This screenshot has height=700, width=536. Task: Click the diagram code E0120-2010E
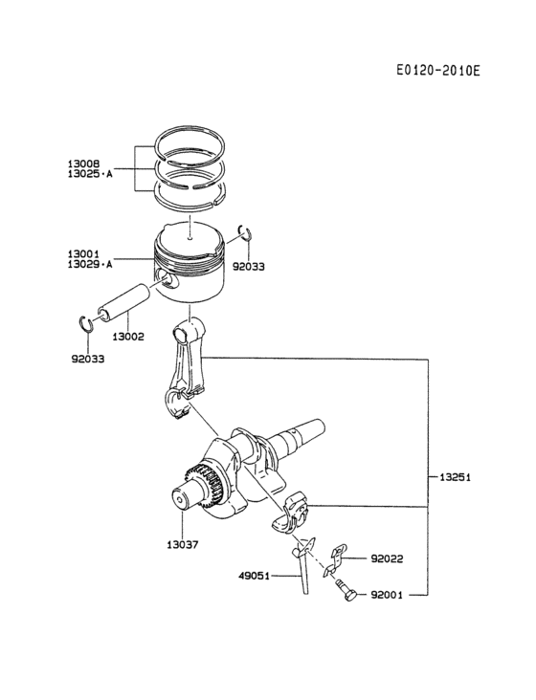(437, 71)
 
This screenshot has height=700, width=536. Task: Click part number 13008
(85, 164)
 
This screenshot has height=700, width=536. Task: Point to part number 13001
(85, 253)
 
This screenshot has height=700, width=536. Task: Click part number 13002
(128, 337)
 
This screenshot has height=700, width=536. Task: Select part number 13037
(181, 544)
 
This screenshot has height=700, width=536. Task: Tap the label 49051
(254, 576)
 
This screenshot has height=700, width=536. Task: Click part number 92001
(386, 594)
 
